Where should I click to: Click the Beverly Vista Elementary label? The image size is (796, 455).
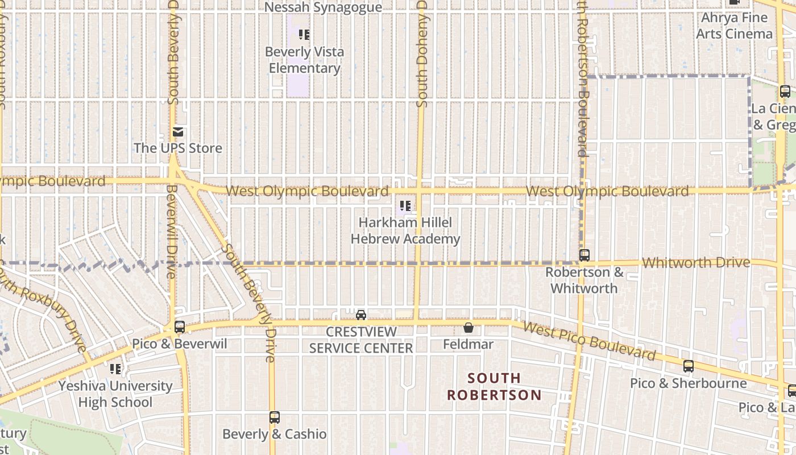[304, 60]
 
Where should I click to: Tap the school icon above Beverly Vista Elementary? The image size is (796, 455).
[304, 35]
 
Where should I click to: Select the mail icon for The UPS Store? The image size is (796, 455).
[178, 133]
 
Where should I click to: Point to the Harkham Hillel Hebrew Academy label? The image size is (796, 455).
[405, 230]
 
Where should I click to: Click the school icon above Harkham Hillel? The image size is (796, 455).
[405, 205]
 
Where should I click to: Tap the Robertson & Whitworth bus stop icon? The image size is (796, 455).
[584, 255]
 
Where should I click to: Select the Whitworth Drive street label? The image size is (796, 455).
[696, 263]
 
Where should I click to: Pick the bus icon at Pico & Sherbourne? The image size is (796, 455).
[688, 366]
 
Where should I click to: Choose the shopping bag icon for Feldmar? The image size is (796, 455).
[469, 328]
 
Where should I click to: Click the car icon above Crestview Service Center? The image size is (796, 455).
[360, 315]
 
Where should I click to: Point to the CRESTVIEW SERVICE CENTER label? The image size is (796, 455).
[361, 340]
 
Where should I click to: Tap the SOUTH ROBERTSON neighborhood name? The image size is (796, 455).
[494, 386]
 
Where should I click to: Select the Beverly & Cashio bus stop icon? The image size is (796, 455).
[275, 417]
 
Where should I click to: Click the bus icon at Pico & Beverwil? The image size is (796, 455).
[180, 327]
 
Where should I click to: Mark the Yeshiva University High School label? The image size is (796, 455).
[115, 394]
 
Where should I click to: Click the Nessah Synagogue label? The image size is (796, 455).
[324, 7]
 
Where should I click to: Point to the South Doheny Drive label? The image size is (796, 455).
[421, 54]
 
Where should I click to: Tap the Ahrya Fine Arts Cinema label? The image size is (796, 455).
[735, 26]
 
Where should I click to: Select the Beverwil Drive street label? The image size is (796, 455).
[171, 230]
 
